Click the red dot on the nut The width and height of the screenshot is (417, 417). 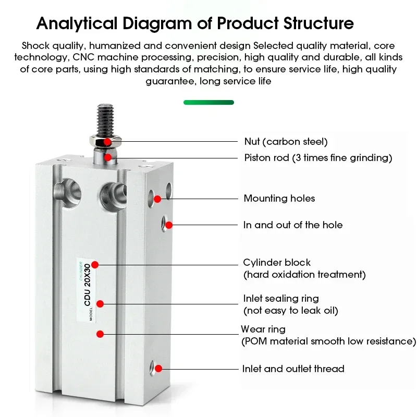coord(107,141)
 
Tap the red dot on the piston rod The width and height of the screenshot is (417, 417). coord(107,157)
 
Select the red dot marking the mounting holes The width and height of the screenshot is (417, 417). coord(157,198)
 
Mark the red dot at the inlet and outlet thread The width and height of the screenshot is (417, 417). coord(159,369)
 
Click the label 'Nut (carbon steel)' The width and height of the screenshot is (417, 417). coord(286,141)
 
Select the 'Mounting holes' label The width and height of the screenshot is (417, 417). coord(279,198)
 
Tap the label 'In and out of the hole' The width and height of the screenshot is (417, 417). coord(293,225)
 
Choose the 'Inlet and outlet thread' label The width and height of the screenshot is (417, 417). coord(293,369)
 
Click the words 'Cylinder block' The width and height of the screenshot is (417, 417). coord(277,262)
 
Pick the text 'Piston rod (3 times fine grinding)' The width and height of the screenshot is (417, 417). coord(318,157)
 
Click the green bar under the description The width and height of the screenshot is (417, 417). coord(208,103)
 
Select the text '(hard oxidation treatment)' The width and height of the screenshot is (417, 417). coord(304,274)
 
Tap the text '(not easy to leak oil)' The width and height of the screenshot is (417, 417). coord(291,311)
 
